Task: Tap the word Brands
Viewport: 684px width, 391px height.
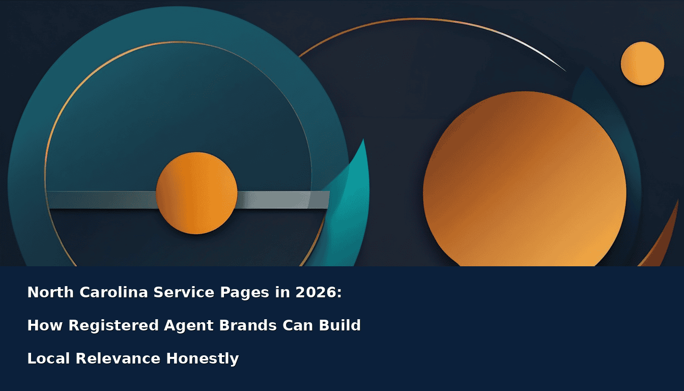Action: tap(248, 325)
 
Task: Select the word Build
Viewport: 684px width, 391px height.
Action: tap(340, 325)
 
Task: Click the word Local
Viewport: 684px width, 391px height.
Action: tap(49, 358)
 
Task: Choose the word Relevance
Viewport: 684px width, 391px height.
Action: tap(118, 358)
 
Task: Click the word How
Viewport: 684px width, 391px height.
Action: tap(45, 325)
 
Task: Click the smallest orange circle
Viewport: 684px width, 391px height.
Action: tap(642, 64)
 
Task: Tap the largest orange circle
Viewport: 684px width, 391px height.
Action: tap(525, 180)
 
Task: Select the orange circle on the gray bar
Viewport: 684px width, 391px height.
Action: tap(196, 193)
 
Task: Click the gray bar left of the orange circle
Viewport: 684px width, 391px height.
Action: tap(102, 200)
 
